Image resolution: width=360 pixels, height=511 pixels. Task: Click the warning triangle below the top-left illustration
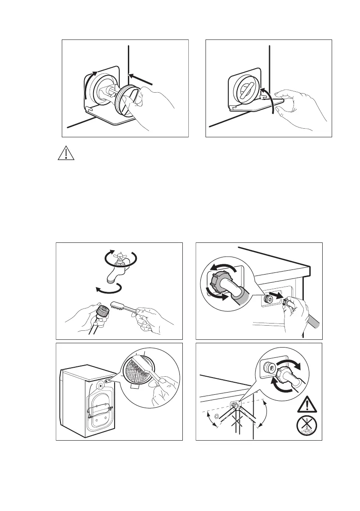coord(66,154)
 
